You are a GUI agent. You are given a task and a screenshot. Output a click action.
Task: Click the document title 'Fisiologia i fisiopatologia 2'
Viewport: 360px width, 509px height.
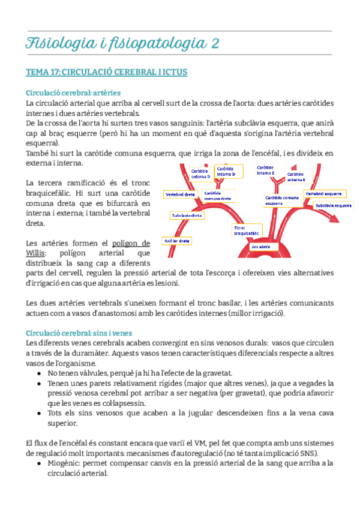pos(122,43)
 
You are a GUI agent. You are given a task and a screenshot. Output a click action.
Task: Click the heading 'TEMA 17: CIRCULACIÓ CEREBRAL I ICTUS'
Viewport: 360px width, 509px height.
pos(106,73)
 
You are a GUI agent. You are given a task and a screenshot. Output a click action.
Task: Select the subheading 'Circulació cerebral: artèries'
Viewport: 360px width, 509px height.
pos(73,92)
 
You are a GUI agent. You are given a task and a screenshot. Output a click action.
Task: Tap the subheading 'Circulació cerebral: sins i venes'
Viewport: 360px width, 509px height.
pos(82,333)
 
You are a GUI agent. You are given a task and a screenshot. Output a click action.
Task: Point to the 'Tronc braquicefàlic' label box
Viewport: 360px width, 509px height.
pos(247,230)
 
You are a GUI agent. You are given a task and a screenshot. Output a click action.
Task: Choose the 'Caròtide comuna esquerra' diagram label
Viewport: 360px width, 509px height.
pos(282,200)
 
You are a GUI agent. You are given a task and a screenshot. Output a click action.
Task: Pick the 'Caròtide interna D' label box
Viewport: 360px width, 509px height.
pos(225,172)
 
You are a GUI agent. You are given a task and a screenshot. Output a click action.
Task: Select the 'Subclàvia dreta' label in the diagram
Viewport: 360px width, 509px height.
pos(186,214)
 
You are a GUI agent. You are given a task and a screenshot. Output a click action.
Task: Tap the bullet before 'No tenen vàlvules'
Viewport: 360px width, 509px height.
pos(40,373)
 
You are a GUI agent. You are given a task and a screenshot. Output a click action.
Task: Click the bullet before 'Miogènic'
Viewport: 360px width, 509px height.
pos(40,463)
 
